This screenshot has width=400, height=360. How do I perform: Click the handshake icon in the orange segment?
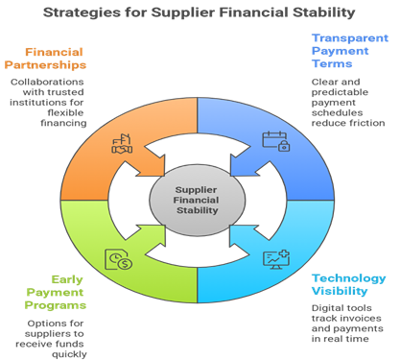[122, 145]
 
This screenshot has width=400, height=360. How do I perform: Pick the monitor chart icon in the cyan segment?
[275, 257]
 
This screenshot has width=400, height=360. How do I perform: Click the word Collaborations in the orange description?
[46, 82]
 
